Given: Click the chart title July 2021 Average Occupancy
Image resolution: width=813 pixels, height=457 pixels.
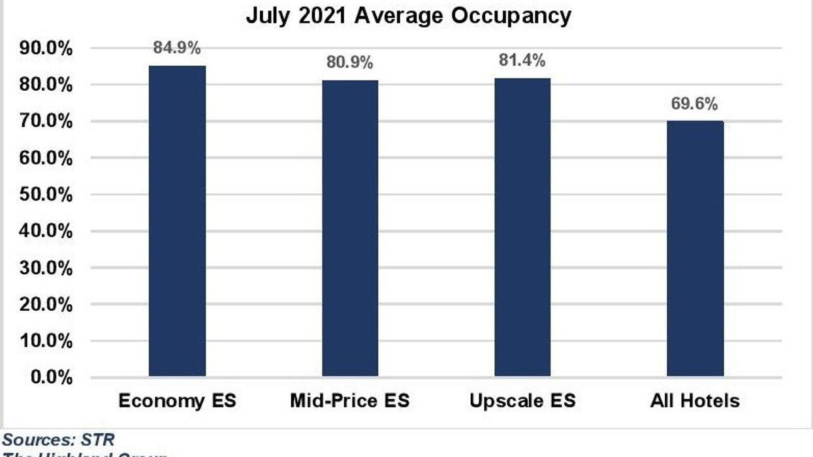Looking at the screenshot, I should pos(408,15).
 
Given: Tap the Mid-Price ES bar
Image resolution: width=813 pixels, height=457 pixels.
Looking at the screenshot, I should pos(349,228).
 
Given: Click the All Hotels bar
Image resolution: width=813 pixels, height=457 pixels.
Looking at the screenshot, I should pos(695,249).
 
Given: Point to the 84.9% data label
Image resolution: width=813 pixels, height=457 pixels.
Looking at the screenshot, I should pos(177,48).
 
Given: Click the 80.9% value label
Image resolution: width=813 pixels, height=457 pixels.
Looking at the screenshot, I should pos(349,63).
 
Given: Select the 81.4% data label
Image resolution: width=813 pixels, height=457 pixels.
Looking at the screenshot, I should pos(522,61).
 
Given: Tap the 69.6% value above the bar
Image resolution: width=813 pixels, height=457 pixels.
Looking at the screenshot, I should pos(695,104).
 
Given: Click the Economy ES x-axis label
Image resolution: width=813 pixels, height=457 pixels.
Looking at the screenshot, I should pos(177,400).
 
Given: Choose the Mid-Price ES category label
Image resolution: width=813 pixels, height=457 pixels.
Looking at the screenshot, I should pos(349,400).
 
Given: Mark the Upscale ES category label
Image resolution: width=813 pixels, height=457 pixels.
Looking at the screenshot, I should pos(522,400).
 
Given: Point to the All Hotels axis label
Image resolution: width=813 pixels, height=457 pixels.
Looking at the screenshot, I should pos(695,400).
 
